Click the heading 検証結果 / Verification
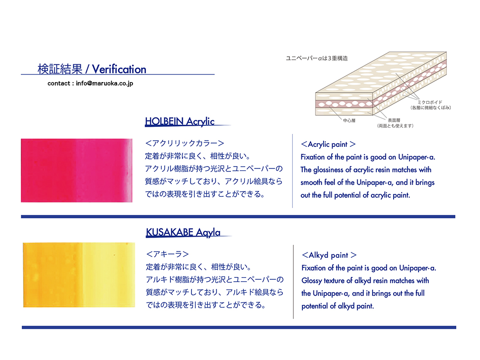coord(92,69)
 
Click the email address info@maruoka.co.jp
coord(104,83)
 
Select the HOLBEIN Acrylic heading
coord(180,121)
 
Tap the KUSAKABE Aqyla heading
coord(183,232)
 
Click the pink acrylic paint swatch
coord(76,170)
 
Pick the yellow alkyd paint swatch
coord(79,275)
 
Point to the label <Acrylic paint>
coord(328,144)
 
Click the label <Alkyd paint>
coord(329,255)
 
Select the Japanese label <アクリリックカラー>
coord(185,143)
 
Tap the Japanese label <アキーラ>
coord(168,254)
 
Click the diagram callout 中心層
coord(349,120)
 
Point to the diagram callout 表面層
coord(394,120)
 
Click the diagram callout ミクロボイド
coord(430,102)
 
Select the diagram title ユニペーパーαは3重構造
coord(317,58)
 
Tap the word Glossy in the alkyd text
coord(312,281)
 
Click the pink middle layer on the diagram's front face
coord(344,104)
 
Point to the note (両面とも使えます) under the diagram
coord(395,126)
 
